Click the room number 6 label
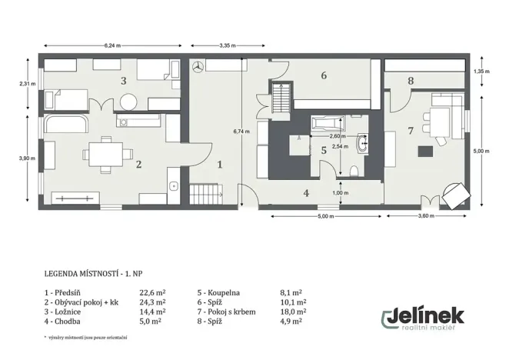(324, 75)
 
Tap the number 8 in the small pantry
(411, 81)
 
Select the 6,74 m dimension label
(241, 132)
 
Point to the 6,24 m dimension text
(112, 46)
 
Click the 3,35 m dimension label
(228, 46)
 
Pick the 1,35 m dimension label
(482, 72)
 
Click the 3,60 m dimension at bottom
(426, 216)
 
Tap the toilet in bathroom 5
(354, 171)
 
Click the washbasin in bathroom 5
(363, 143)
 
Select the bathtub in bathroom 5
(328, 124)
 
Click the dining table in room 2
(106, 155)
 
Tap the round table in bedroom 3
(128, 102)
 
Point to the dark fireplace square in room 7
(425, 152)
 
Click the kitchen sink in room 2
(173, 186)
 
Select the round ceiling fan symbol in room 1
(198, 67)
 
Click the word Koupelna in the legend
(224, 293)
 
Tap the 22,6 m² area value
(152, 293)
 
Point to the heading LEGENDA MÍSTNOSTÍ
(81, 274)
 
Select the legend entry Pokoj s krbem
(231, 312)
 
